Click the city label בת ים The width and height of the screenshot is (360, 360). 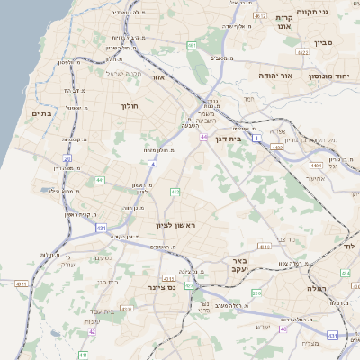pos(43,113)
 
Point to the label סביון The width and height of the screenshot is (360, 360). pos(323,41)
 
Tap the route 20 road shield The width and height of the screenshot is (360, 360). pos(67,158)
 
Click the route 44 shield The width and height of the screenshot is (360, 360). pos(205,137)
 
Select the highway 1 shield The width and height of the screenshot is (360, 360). pos(256,139)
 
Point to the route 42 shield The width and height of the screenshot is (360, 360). pos(93,331)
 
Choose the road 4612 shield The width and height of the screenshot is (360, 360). pos(260,16)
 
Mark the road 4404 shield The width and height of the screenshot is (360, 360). pos(315,166)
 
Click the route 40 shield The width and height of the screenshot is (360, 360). pos(283,328)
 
